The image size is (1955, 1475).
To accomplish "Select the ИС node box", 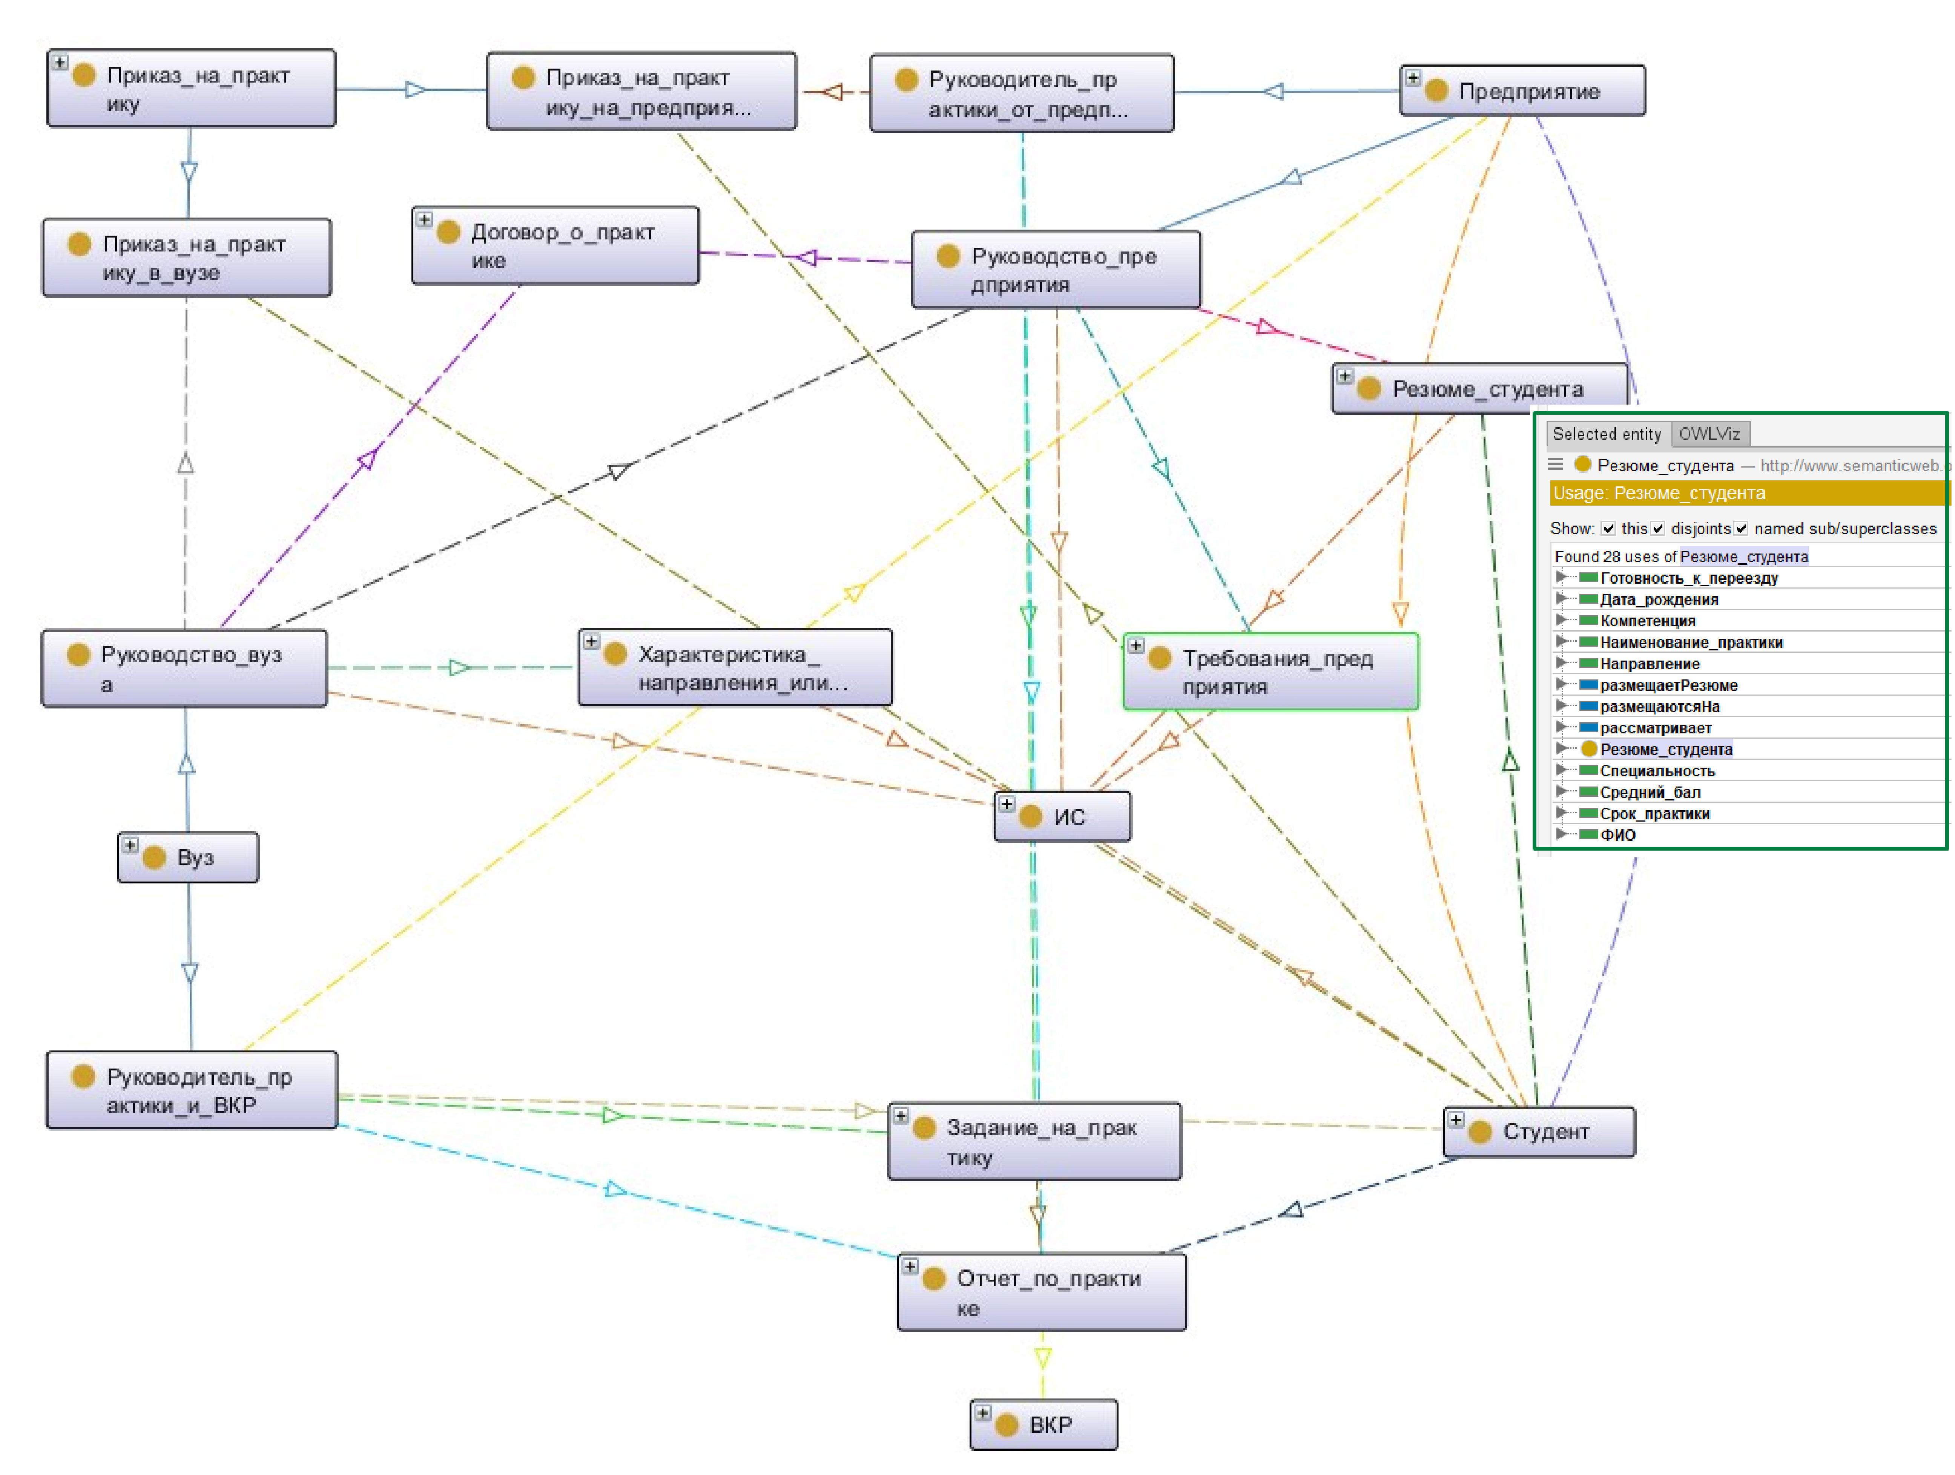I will coord(1062,817).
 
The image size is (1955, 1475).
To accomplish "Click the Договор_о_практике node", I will coord(556,246).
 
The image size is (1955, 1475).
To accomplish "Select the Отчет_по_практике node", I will coord(1042,1292).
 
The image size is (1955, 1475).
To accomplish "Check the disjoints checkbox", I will coord(1658,529).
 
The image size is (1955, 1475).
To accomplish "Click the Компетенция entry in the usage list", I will coord(1647,620).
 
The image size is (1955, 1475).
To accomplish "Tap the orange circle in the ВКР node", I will coord(1007,1424).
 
